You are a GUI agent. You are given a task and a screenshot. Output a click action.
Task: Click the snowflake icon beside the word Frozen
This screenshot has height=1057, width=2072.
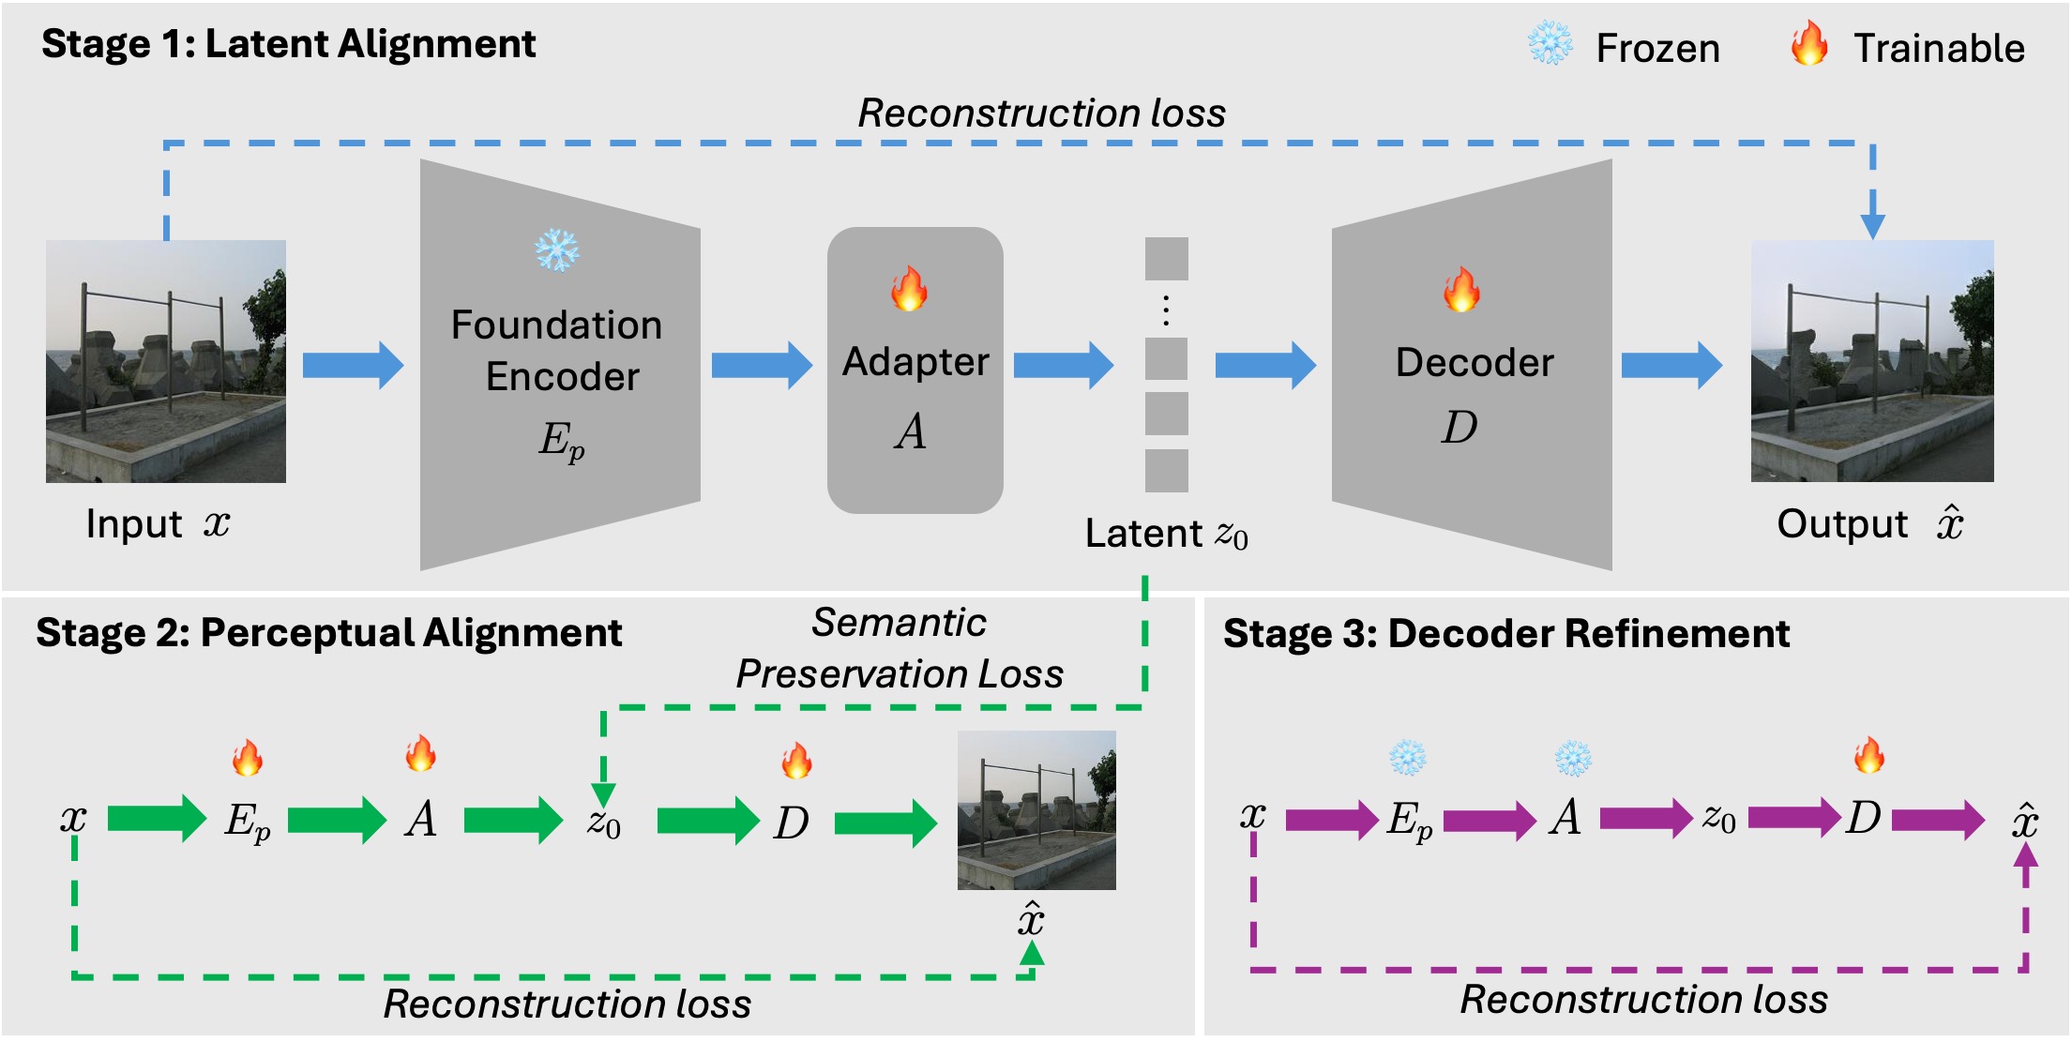click(x=1550, y=43)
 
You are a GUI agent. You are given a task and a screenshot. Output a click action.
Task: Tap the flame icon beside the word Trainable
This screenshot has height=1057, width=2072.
click(x=1808, y=43)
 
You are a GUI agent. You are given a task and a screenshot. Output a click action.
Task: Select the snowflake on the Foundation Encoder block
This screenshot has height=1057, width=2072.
click(x=556, y=250)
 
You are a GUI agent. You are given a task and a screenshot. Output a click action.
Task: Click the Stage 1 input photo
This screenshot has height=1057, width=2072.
click(x=166, y=361)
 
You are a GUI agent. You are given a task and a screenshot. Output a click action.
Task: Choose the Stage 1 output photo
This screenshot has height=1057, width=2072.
click(x=1872, y=361)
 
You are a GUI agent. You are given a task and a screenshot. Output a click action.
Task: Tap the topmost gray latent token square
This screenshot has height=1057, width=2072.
click(x=1166, y=259)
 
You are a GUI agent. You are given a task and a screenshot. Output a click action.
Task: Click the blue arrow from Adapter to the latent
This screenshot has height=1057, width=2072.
click(x=1063, y=365)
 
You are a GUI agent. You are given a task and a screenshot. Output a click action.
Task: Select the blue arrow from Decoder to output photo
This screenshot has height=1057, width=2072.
click(x=1671, y=365)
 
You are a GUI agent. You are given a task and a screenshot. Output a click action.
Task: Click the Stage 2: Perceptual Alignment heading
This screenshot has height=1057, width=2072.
click(x=328, y=633)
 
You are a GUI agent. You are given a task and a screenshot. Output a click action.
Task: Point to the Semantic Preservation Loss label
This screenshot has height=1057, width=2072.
click(x=900, y=648)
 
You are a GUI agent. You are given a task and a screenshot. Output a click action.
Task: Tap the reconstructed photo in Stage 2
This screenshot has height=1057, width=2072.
click(x=1036, y=810)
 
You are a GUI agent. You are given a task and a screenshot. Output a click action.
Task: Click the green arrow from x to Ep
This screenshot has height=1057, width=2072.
click(x=156, y=819)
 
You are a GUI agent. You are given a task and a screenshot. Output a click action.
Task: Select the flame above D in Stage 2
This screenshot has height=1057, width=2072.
click(x=796, y=760)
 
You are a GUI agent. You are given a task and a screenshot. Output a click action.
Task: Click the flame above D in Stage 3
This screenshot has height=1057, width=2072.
click(x=1868, y=755)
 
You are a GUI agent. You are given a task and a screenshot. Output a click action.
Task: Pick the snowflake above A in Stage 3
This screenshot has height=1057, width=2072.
click(x=1573, y=758)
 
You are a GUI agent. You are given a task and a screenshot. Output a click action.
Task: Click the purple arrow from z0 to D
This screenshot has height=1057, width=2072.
click(x=1793, y=817)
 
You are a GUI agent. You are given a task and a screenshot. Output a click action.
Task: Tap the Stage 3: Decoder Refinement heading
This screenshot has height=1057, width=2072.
click(x=1506, y=634)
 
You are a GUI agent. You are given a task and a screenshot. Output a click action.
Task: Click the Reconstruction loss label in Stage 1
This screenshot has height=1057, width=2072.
click(x=1042, y=113)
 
